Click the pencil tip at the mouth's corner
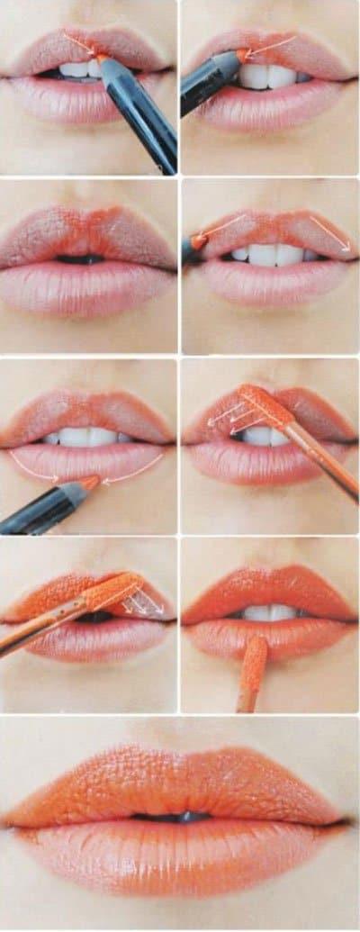pyautogui.click(x=197, y=241)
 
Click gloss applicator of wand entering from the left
pyautogui.click(x=112, y=593)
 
